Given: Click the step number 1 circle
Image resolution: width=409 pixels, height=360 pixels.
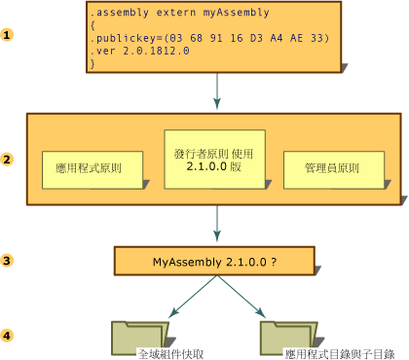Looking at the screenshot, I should [8, 35].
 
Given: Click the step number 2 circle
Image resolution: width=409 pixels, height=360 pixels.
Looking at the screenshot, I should [8, 160].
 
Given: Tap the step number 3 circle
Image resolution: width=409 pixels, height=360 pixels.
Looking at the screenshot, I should [8, 261].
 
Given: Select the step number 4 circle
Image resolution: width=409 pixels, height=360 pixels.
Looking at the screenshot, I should [8, 336].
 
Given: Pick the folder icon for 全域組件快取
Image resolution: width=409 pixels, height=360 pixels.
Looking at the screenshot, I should [132, 337].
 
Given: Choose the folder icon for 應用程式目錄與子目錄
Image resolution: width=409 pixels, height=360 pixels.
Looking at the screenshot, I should [280, 337].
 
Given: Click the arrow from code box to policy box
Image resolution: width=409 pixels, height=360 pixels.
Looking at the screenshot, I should [216, 92].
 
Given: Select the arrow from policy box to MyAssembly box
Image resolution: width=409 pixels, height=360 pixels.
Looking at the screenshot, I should [216, 225].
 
